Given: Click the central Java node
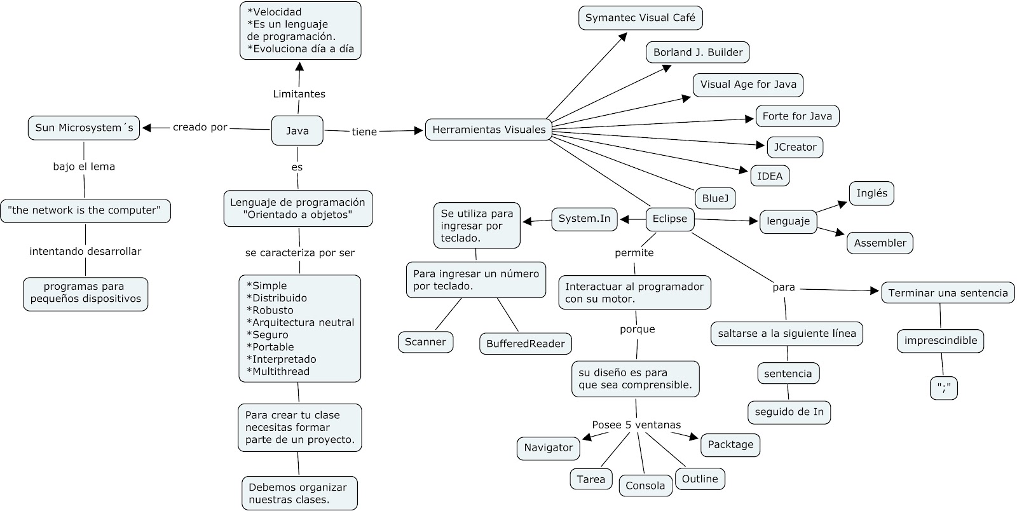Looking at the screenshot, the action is point(297,131).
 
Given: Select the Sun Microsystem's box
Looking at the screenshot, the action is point(84,128).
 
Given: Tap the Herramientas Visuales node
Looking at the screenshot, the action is point(489,130).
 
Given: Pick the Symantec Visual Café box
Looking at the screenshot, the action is point(640,18).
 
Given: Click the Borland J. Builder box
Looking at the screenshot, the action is point(698,53).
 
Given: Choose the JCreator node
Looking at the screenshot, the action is point(795,147).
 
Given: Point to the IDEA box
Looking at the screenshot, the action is point(770,176).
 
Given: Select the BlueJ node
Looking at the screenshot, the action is point(715,198).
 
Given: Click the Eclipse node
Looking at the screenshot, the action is point(670,219).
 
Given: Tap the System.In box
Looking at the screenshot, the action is point(584,219).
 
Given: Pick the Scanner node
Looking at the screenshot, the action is point(425,342).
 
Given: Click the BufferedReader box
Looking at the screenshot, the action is point(525,344).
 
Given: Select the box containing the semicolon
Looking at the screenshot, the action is point(943,388).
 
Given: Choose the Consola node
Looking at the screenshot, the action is point(645,486).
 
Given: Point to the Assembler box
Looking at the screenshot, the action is point(880,243).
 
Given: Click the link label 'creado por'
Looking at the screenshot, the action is point(200,128).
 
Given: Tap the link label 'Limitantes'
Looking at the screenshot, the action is point(299,94).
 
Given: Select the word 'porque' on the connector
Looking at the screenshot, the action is point(638,329).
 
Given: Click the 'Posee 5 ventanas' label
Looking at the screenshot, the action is point(636,425).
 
